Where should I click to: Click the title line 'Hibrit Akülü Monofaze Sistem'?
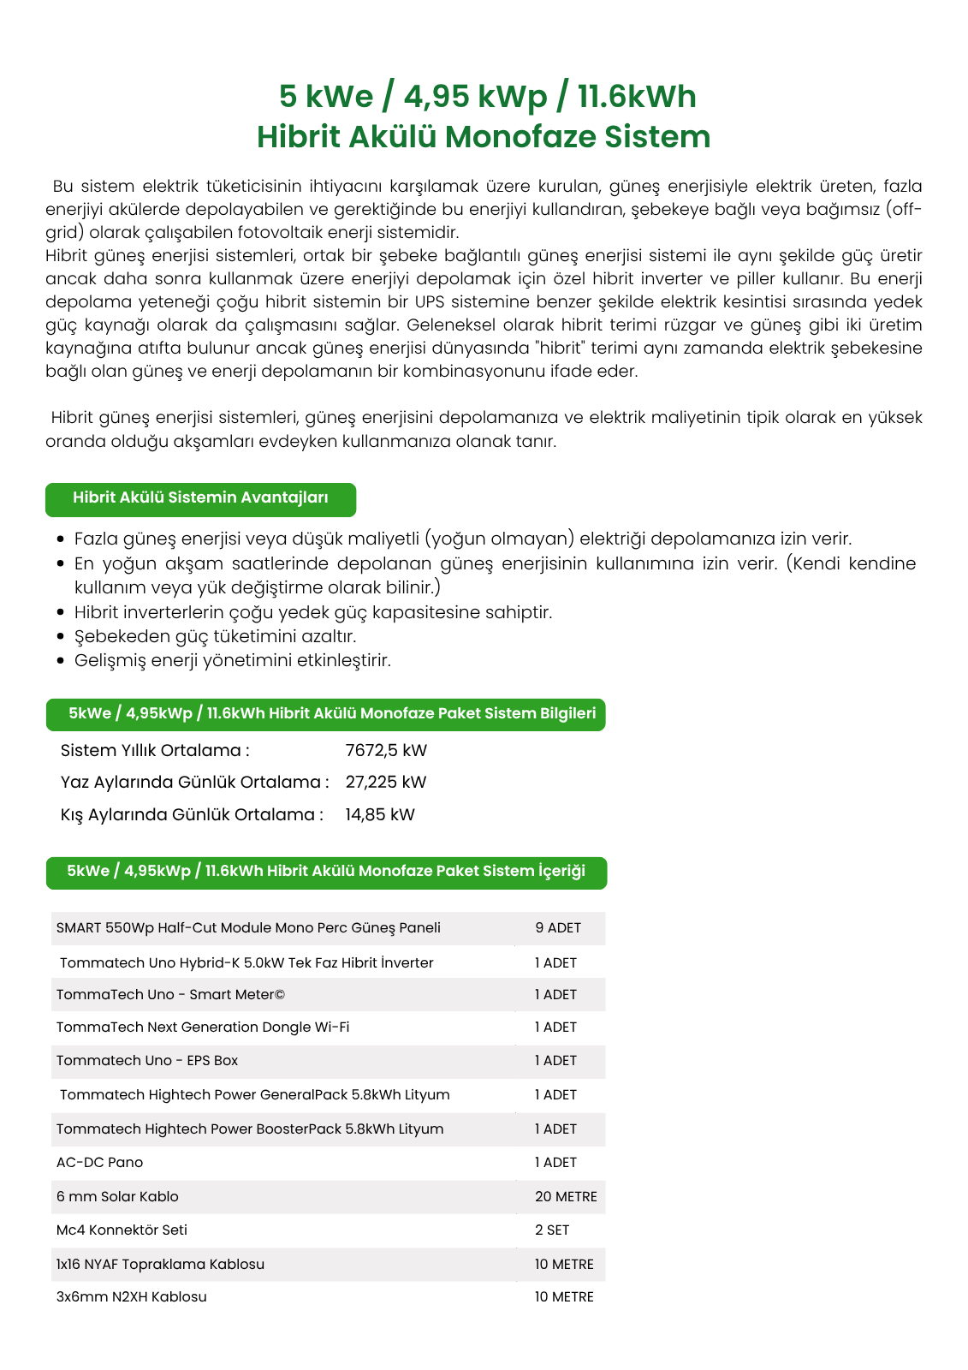click(x=484, y=137)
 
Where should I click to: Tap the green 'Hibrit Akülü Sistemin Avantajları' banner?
click(x=200, y=498)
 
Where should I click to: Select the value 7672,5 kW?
click(x=386, y=751)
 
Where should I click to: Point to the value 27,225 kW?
click(x=385, y=783)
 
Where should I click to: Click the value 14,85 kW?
click(x=380, y=815)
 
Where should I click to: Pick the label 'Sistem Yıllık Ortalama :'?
click(x=155, y=751)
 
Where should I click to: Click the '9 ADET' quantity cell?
click(x=558, y=928)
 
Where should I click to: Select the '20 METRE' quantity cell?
click(x=566, y=1197)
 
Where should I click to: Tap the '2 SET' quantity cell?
click(x=552, y=1230)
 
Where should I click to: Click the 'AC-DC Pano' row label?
click(x=99, y=1163)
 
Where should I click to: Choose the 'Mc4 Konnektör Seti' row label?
click(x=122, y=1230)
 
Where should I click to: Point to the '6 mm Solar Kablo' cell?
click(x=117, y=1197)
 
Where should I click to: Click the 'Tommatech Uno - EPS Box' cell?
click(x=147, y=1061)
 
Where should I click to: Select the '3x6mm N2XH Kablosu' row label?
click(x=131, y=1297)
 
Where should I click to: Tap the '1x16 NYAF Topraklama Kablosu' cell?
click(x=160, y=1265)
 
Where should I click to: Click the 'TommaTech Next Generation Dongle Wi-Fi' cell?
click(x=203, y=1027)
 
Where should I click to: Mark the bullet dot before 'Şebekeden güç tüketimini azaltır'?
click(x=60, y=637)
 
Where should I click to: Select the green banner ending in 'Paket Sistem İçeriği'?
click(x=326, y=872)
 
